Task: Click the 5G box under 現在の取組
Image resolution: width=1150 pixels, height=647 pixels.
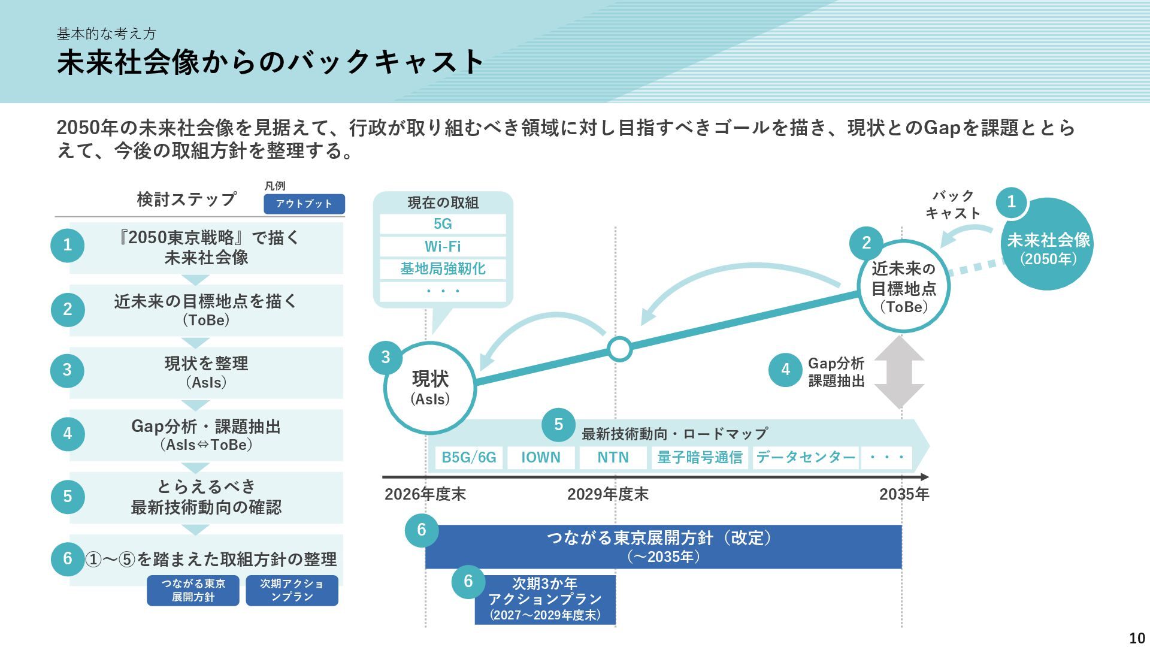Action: point(443,224)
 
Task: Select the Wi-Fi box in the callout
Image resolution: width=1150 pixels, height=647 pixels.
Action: point(443,246)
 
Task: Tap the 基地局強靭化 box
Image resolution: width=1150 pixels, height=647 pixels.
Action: point(443,269)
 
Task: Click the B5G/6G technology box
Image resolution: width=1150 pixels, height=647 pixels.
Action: point(469,458)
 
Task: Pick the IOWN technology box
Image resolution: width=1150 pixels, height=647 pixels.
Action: point(541,458)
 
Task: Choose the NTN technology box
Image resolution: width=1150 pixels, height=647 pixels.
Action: point(613,458)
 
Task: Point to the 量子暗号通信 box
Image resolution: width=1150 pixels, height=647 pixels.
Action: point(700,458)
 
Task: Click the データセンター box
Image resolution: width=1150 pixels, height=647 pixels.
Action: point(806,458)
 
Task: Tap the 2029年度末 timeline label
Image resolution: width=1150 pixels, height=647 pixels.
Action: point(607,494)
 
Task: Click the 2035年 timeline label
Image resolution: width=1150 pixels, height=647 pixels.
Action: point(904,494)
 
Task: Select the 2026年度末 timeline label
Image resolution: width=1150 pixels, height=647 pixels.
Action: point(425,494)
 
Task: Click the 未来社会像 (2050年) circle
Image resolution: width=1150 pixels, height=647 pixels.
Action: point(1048,246)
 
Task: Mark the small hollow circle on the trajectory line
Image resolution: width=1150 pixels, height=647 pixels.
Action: point(619,348)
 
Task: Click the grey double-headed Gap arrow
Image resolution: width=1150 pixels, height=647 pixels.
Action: point(899,372)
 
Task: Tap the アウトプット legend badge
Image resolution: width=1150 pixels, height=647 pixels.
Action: point(304,204)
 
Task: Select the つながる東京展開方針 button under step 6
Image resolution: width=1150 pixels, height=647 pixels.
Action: point(193,590)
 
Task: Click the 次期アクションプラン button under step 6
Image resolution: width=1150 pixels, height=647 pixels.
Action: point(292,590)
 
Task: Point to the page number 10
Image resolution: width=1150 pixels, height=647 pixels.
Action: point(1136,638)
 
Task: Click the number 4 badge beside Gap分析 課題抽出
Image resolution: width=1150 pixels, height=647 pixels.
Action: point(785,370)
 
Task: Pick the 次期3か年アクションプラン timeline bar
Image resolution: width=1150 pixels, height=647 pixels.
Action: point(545,600)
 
